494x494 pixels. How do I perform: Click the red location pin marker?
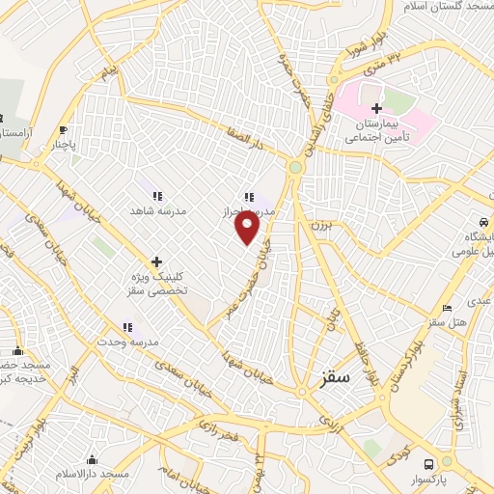pyautogui.click(x=248, y=228)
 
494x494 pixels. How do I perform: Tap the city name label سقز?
pyautogui.click(x=335, y=379)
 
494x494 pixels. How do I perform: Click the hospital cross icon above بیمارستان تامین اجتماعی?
pyautogui.click(x=376, y=108)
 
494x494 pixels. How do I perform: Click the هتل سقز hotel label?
pyautogui.click(x=450, y=321)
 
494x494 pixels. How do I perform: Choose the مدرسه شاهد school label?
pyautogui.click(x=159, y=209)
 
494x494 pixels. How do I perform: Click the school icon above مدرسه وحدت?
pyautogui.click(x=126, y=328)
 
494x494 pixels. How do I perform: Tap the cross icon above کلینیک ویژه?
pyautogui.click(x=155, y=261)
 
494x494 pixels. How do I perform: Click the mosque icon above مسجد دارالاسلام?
pyautogui.click(x=93, y=459)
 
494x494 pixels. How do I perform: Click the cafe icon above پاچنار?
pyautogui.click(x=63, y=131)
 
